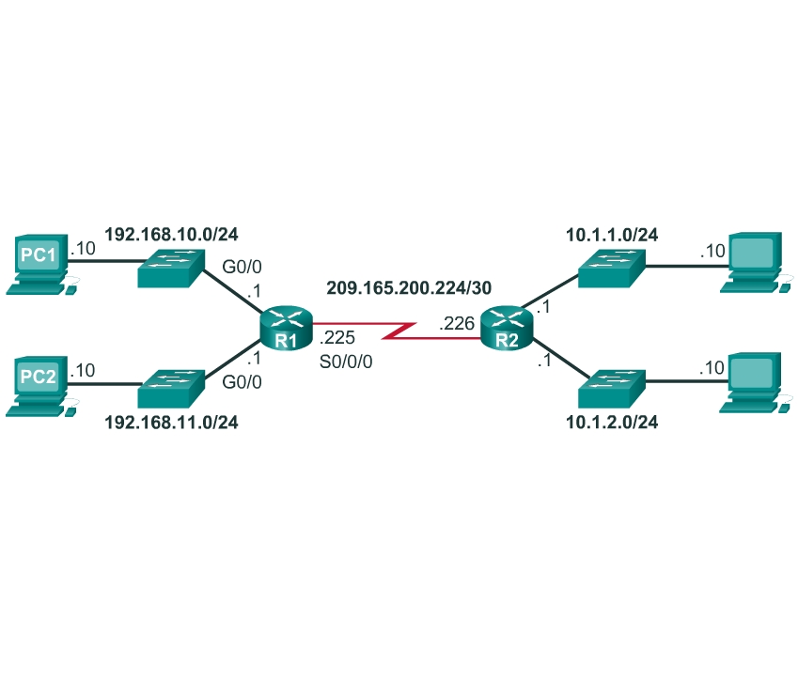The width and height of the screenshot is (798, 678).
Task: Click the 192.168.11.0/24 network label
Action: click(171, 423)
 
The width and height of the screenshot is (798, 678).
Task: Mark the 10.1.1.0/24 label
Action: click(611, 234)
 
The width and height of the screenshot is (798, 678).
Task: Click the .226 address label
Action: click(457, 325)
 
